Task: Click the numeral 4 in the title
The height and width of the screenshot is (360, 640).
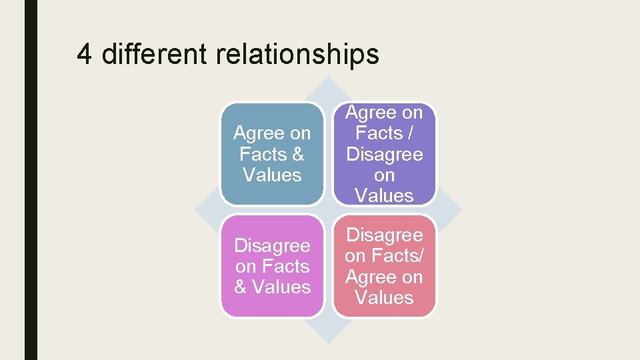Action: point(84,54)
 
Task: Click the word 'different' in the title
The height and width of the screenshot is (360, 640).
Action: point(154,54)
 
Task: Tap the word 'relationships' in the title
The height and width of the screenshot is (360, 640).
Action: point(297,55)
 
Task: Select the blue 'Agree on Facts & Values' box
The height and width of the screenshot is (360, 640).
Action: point(272,154)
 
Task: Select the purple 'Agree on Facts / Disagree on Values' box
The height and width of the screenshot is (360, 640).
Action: point(384,154)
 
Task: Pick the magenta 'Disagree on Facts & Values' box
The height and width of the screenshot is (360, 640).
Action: point(272,266)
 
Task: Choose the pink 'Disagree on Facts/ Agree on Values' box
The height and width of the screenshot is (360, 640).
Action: point(384,266)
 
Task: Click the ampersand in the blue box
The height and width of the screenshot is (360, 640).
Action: point(297,155)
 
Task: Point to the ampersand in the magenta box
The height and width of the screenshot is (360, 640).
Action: point(241,287)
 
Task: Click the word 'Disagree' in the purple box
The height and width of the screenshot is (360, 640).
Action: point(385,154)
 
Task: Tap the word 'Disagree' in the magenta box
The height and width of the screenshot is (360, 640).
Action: point(272,245)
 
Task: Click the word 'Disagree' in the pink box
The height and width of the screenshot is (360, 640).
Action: point(385,235)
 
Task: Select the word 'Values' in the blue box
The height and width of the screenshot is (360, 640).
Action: point(272,175)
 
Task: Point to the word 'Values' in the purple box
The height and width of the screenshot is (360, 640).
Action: point(385,195)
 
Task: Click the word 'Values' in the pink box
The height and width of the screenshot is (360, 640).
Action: point(385,297)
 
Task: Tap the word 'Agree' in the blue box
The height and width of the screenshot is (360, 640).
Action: point(257,134)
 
